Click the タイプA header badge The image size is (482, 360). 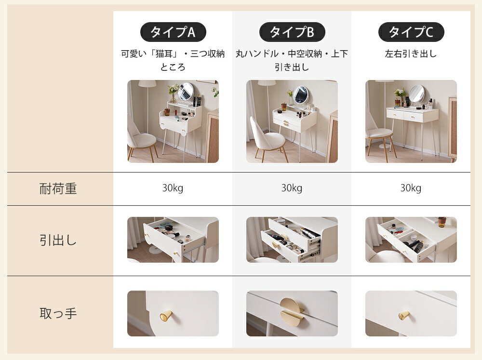tap(173, 32)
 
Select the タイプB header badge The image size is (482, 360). tap(292, 32)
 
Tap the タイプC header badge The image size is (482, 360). tap(411, 32)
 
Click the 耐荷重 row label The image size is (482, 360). tap(58, 188)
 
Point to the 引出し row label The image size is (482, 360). tap(58, 240)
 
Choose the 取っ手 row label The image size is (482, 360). tap(58, 313)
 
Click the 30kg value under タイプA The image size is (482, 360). tap(173, 188)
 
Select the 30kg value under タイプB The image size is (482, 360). tap(292, 188)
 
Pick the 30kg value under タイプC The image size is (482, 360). tap(411, 188)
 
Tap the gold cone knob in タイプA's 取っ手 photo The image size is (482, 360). tap(166, 316)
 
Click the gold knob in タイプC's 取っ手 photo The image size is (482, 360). tap(404, 315)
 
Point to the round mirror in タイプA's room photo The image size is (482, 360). tap(186, 91)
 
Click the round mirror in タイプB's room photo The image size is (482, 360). tap(300, 94)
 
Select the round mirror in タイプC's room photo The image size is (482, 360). tap(417, 93)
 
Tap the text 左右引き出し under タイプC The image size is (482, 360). tap(411, 54)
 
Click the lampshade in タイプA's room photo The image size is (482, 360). tap(147, 83)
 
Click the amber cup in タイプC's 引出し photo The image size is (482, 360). tap(442, 222)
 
